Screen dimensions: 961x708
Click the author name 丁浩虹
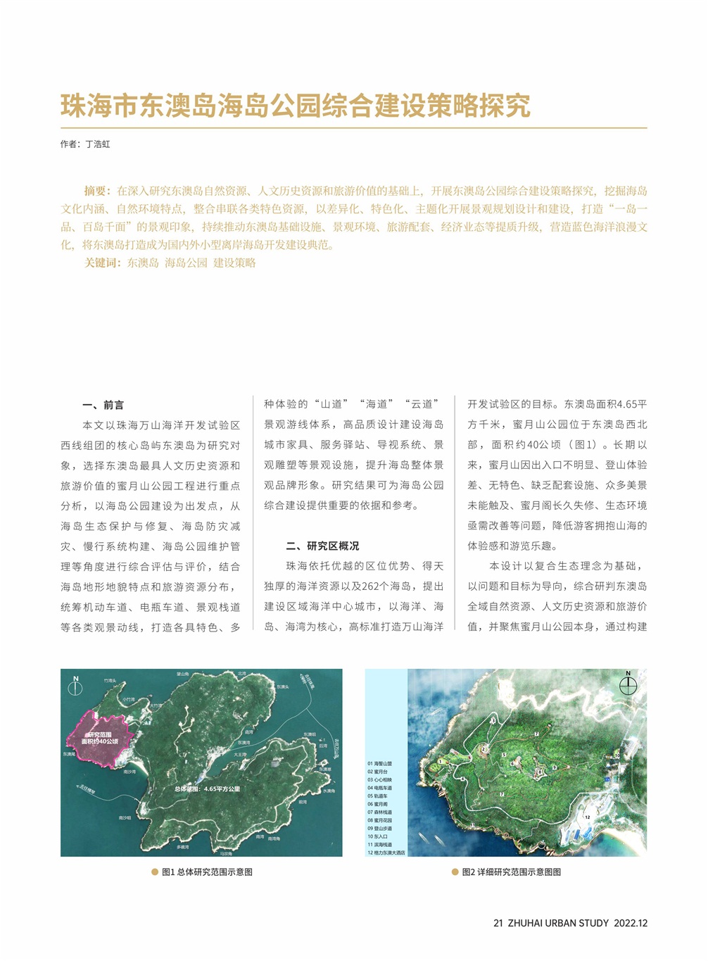click(98, 144)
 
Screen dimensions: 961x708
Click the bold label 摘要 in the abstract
click(96, 191)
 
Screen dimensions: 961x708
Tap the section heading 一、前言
click(103, 405)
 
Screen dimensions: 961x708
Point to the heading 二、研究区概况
click(322, 546)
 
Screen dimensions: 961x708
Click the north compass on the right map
click(628, 683)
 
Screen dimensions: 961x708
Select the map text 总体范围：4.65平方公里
click(207, 789)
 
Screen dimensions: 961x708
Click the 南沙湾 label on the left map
click(129, 772)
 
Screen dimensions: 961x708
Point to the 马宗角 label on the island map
click(226, 853)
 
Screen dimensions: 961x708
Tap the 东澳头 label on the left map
click(283, 686)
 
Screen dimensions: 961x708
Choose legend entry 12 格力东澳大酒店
click(386, 853)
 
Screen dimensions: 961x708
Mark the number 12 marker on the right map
click(587, 817)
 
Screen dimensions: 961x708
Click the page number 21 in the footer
click(498, 923)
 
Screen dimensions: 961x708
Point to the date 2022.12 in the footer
click(631, 923)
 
